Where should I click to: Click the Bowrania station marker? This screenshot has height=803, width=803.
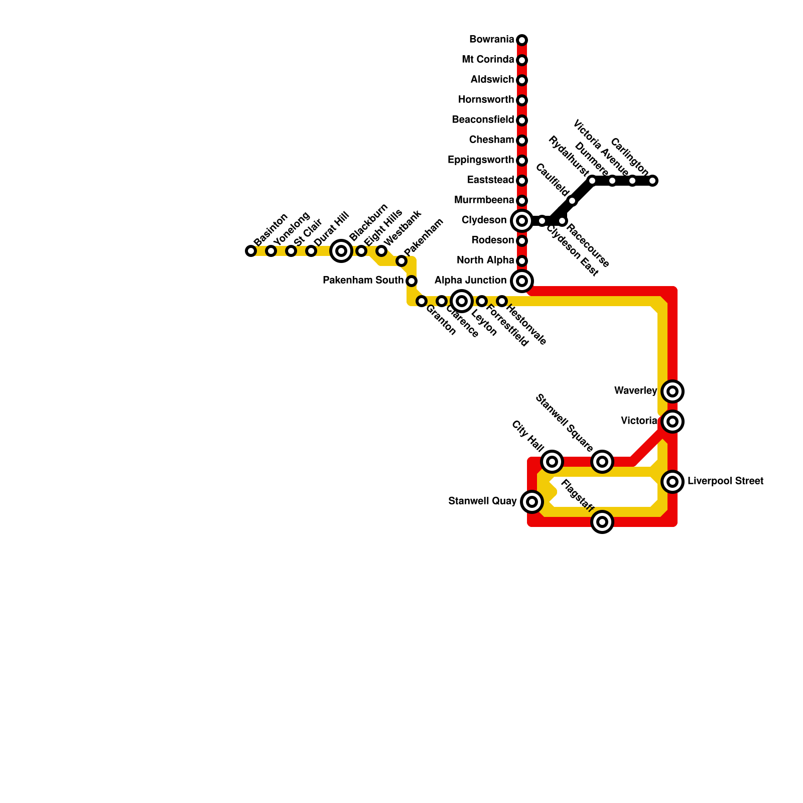[x=522, y=40]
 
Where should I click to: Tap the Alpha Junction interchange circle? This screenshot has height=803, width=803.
[x=522, y=281]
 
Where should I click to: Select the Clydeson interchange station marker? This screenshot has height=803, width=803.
[x=522, y=220]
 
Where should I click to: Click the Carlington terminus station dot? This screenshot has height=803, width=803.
[x=652, y=181]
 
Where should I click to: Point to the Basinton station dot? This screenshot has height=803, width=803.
[x=251, y=251]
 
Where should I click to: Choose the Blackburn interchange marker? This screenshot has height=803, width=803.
[x=341, y=251]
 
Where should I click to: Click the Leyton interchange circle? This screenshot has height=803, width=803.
[x=462, y=301]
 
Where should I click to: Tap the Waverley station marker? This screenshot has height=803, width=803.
[x=673, y=391]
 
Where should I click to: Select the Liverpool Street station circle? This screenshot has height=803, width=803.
[x=673, y=482]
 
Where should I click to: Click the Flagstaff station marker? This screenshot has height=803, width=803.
[x=602, y=522]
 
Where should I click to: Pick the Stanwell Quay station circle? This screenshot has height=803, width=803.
[x=532, y=501]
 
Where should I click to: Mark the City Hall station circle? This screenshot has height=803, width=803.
[x=552, y=462]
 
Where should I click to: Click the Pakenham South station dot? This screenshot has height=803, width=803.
[x=412, y=281]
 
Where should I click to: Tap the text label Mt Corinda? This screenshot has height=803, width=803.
[x=488, y=60]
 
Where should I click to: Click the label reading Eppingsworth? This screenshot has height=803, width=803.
[x=481, y=160]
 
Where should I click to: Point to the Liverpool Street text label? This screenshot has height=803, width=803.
[x=725, y=481]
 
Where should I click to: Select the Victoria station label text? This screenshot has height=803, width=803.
[x=639, y=421]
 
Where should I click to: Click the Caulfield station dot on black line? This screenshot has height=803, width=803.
[x=572, y=201]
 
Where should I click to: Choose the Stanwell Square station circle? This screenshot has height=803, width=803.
[x=602, y=462]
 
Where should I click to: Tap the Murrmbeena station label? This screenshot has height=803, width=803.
[x=484, y=200]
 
